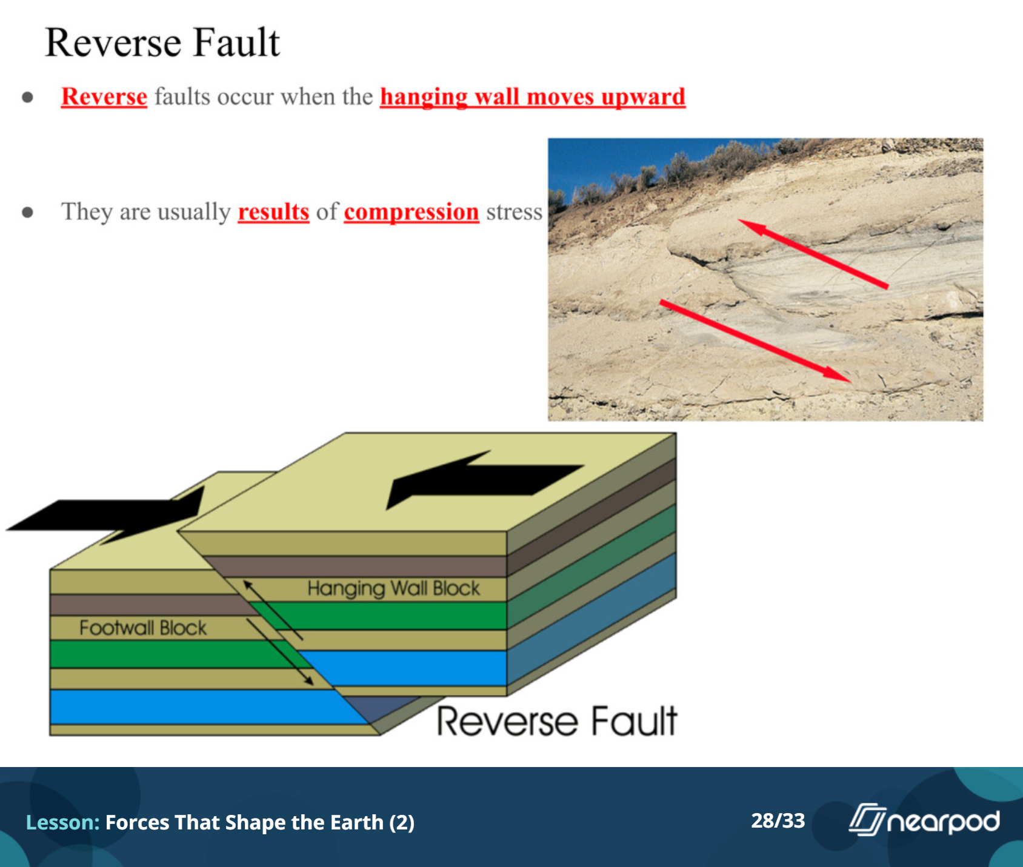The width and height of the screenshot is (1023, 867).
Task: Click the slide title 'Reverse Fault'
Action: (162, 42)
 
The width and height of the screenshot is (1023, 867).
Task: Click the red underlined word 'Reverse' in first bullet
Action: (104, 97)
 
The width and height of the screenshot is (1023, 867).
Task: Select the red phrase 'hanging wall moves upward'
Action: (533, 97)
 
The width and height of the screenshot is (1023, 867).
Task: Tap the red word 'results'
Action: (273, 212)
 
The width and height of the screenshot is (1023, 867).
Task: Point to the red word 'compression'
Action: (412, 213)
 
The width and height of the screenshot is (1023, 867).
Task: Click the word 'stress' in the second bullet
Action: (514, 212)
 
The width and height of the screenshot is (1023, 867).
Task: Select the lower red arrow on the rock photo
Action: (755, 340)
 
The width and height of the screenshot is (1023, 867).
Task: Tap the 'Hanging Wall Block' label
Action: (393, 588)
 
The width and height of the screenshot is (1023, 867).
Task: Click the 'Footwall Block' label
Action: (143, 628)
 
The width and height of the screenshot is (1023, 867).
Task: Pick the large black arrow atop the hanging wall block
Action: (485, 479)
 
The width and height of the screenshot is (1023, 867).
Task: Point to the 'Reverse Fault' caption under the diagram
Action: (556, 721)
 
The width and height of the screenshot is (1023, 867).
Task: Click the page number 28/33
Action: (778, 820)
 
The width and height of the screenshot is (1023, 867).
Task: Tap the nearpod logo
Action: (924, 820)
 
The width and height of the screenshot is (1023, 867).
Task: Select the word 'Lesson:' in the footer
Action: (62, 822)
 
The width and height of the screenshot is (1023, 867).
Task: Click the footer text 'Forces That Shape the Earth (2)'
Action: (260, 823)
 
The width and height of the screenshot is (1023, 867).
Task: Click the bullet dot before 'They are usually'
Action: (27, 212)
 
